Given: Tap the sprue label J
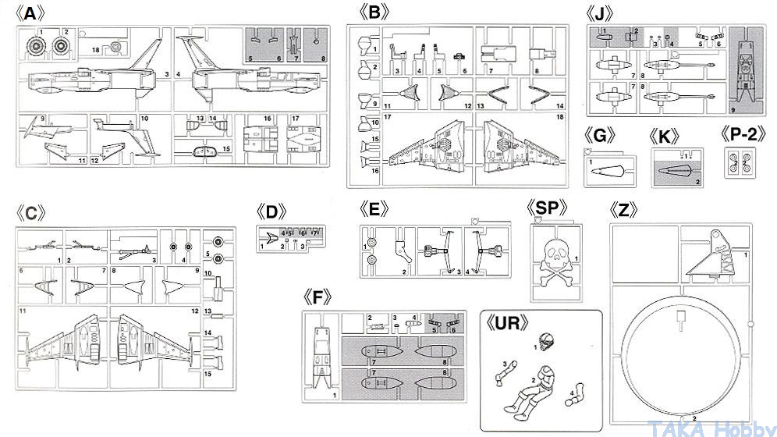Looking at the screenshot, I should click(603, 13).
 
